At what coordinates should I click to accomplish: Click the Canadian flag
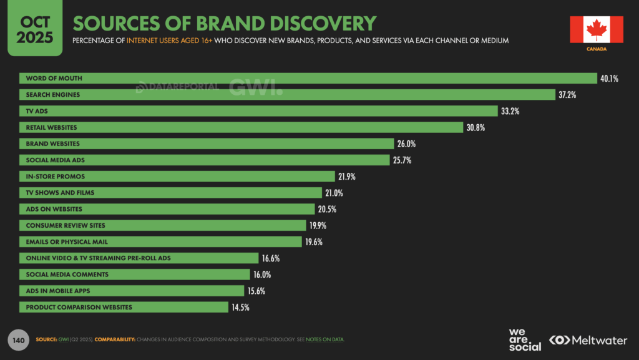pos(596,29)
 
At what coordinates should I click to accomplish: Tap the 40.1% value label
pos(610,79)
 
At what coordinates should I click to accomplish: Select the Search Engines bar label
pos(52,95)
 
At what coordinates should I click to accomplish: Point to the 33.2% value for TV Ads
pos(510,111)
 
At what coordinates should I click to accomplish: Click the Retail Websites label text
pos(51,127)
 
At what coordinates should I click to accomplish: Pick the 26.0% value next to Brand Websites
pos(406,144)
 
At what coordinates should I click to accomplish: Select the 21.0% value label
pos(333,193)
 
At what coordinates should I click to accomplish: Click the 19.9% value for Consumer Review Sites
pos(317,225)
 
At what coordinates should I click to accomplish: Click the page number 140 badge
pos(18,340)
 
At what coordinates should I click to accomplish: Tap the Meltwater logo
pos(590,340)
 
